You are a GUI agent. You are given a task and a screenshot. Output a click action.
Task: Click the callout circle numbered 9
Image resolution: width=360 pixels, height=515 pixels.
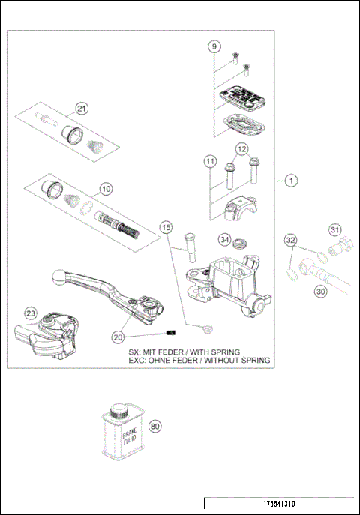tap(215, 46)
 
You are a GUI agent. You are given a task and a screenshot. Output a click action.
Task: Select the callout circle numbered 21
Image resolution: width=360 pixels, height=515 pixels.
tap(81, 109)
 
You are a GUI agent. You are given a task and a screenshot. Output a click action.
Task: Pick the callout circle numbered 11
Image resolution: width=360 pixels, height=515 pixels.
tap(211, 161)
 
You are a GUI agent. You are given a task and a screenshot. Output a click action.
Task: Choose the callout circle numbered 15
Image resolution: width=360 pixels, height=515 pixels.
tap(166, 226)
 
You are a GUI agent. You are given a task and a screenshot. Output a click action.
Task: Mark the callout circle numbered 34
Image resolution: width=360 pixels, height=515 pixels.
tap(223, 240)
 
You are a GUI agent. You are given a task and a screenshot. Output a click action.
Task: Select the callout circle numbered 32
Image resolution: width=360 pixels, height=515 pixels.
tap(291, 240)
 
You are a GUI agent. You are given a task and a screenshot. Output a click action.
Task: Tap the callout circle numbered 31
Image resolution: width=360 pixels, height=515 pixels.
tap(335, 229)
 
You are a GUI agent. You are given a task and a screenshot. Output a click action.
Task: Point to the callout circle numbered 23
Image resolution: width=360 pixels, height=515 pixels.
tap(30, 314)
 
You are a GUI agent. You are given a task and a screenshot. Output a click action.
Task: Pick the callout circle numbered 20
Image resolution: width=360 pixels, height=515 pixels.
tap(118, 337)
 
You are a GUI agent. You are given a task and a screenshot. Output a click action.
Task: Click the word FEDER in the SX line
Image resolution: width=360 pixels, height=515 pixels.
tap(174, 351)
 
